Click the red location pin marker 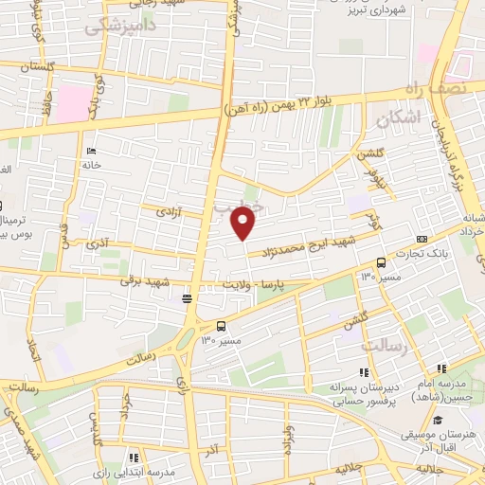[x=243, y=224]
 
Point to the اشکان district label [x=396, y=119]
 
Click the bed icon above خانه [x=91, y=152]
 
